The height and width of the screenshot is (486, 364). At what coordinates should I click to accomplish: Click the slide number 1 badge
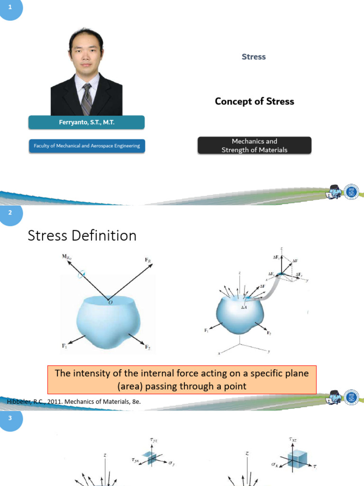click(10, 8)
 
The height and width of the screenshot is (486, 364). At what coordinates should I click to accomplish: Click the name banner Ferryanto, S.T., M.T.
click(86, 122)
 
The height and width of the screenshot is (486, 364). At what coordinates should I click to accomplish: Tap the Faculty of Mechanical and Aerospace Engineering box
click(86, 146)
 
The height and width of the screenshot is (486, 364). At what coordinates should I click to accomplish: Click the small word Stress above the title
click(254, 57)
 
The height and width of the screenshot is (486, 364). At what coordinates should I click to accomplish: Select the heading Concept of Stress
click(255, 101)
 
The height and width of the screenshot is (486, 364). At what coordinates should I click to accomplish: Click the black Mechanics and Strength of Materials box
click(255, 145)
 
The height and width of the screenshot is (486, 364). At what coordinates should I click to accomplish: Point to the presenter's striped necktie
click(87, 97)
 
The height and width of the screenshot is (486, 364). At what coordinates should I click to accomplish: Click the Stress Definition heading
click(82, 235)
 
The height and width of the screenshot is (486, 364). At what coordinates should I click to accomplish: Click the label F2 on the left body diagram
click(148, 347)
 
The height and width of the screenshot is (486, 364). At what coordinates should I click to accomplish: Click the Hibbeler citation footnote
click(74, 402)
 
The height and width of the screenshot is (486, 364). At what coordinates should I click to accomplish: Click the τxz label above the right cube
click(293, 440)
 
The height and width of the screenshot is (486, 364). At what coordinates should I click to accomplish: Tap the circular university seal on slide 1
click(351, 191)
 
